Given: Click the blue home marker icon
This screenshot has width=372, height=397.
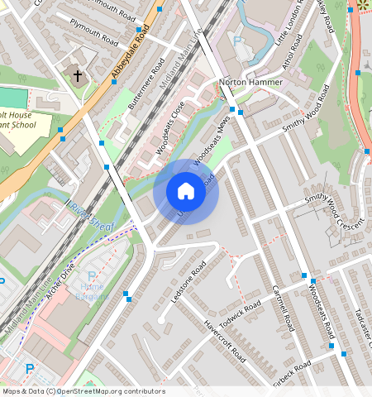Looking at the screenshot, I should [x=186, y=192].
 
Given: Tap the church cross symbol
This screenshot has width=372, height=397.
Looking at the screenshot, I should [x=79, y=76].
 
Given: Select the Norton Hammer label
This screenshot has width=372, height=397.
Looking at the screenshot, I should [x=251, y=82].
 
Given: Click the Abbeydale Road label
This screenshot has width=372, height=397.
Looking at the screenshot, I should [x=131, y=55].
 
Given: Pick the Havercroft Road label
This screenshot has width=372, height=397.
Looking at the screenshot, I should [x=225, y=342].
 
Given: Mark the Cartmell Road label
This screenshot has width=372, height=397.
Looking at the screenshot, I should [x=284, y=308].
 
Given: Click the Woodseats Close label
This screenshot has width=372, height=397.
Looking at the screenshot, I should [x=171, y=128].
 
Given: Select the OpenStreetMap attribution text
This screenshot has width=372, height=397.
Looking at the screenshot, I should [x=83, y=391].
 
